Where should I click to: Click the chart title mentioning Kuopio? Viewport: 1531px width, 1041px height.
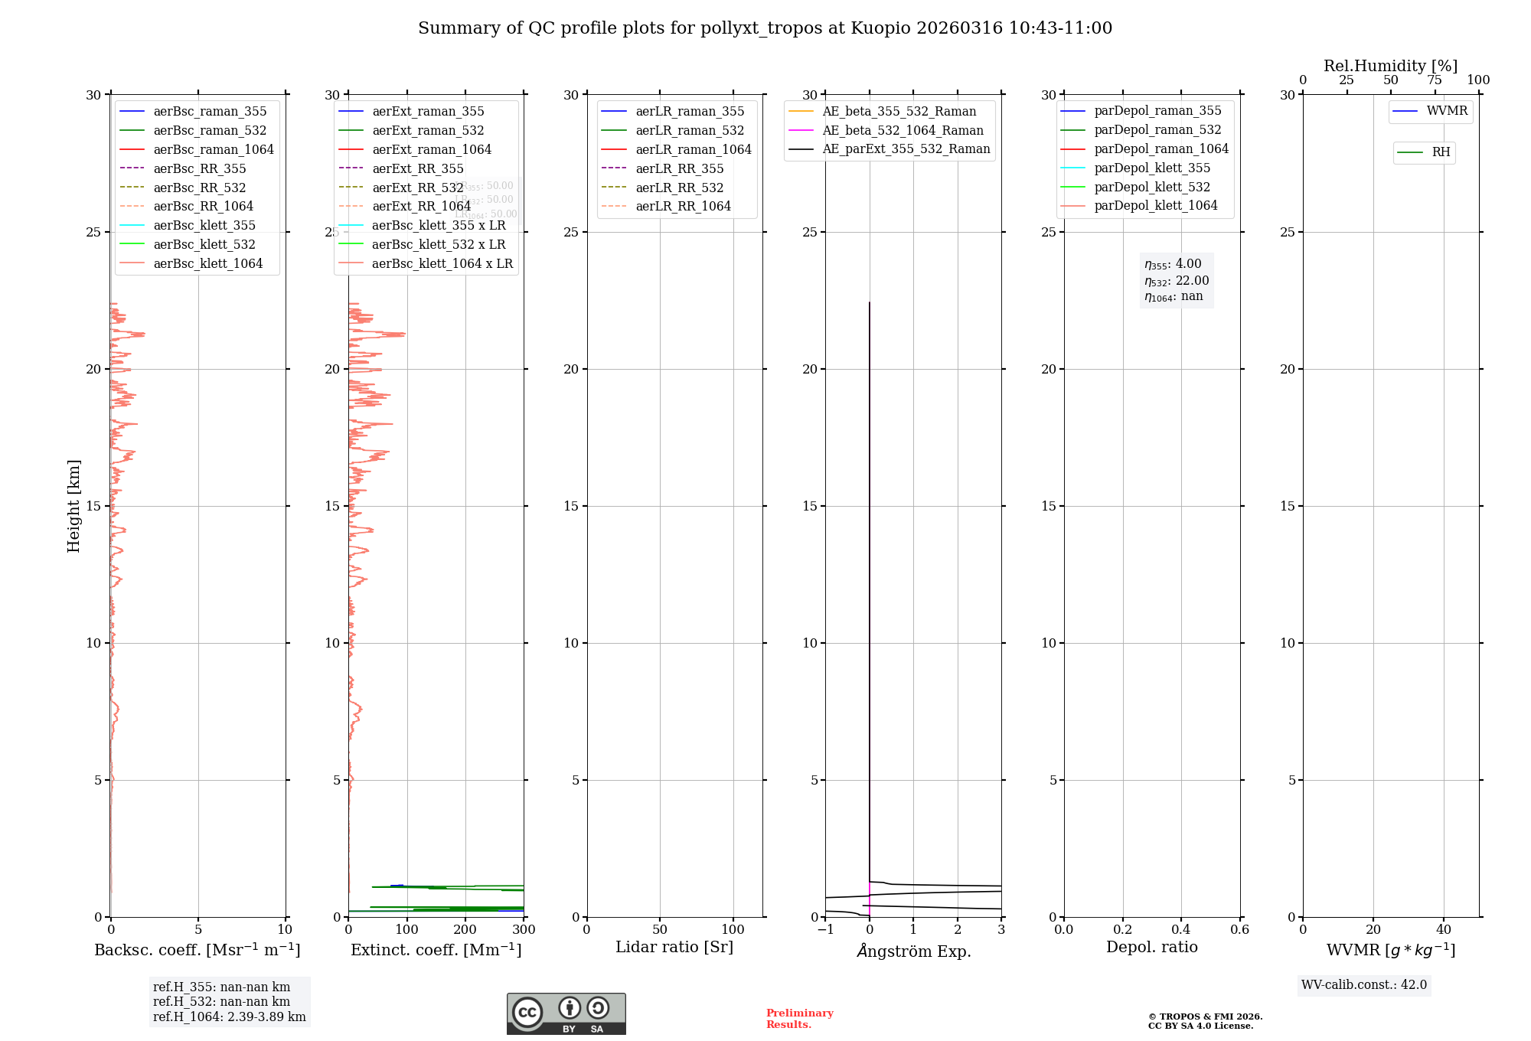tap(765, 28)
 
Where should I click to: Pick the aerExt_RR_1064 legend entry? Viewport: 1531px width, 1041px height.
tap(421, 206)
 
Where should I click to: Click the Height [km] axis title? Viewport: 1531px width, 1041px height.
tap(73, 506)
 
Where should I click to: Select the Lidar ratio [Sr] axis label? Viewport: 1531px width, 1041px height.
tap(674, 947)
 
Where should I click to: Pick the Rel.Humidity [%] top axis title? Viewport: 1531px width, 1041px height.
tap(1390, 66)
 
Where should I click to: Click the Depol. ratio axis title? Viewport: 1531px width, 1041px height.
tap(1151, 947)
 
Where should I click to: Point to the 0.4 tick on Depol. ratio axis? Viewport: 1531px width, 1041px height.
tap(1181, 930)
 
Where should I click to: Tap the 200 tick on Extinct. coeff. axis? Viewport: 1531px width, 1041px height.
tap(465, 930)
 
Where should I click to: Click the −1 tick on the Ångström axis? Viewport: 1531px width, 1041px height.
tap(825, 930)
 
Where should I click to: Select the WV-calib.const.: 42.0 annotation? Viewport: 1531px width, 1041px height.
tap(1363, 984)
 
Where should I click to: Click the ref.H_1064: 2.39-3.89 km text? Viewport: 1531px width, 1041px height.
tap(229, 1017)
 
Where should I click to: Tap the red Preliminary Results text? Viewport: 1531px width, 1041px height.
tap(799, 1019)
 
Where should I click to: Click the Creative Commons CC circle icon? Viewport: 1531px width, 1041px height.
tap(527, 1013)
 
